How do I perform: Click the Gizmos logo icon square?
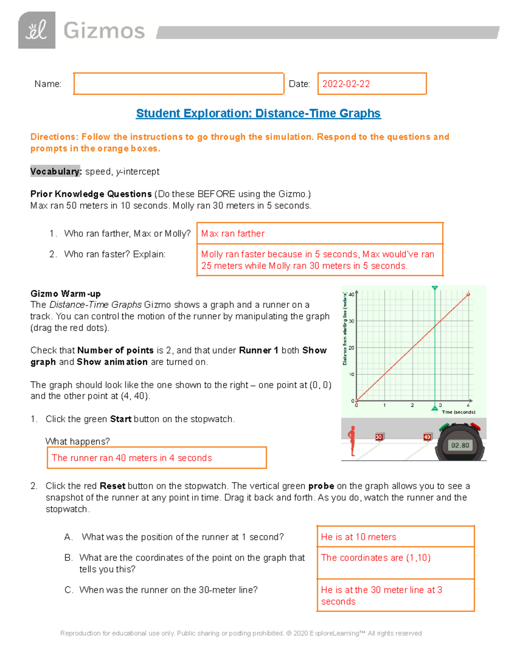(x=37, y=30)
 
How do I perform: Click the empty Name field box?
(x=178, y=84)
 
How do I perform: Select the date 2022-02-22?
(x=346, y=84)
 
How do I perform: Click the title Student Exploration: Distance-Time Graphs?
(x=258, y=113)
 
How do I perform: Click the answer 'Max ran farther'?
(x=233, y=233)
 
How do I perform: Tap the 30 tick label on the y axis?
(x=352, y=321)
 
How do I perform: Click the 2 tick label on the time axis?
(x=412, y=405)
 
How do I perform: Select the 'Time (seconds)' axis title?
(x=458, y=412)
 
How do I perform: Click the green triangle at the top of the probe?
(x=435, y=288)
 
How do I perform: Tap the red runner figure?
(x=352, y=441)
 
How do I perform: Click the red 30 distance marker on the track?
(x=379, y=437)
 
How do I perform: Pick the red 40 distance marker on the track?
(x=427, y=437)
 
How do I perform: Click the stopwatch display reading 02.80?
(x=460, y=445)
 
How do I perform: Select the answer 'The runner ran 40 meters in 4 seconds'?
(x=132, y=458)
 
